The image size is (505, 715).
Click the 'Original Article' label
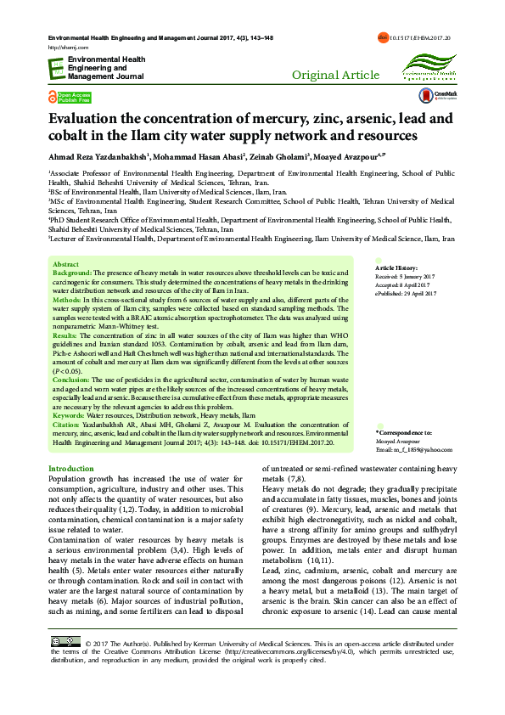pos(335,76)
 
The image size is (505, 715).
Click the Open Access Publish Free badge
pos(70,96)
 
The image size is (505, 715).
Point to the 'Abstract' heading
pos(65,265)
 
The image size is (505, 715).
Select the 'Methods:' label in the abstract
pos(67,301)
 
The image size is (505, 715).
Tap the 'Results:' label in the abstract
pos(65,337)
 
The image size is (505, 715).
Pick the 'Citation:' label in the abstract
pos(68,424)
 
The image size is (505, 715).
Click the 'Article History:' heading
pos(396,267)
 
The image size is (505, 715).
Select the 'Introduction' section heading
pos(71,469)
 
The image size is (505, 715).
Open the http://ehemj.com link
pos(65,48)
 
